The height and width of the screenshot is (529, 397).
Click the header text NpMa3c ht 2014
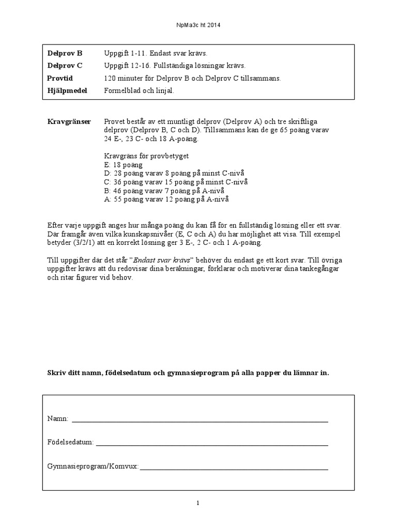[198, 24]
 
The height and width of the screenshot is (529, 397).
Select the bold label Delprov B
[65, 53]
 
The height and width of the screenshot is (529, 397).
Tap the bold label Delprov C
[65, 66]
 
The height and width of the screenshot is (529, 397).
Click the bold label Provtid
[60, 78]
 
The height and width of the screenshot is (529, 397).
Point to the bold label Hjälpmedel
[67, 90]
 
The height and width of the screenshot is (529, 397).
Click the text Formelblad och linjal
[140, 90]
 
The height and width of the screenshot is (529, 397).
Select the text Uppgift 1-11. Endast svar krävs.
[156, 53]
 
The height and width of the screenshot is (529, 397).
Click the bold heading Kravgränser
[69, 121]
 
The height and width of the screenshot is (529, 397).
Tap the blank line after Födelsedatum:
[212, 444]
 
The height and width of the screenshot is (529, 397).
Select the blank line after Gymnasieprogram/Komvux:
[234, 468]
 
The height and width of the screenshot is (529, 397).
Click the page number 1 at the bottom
[198, 504]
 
